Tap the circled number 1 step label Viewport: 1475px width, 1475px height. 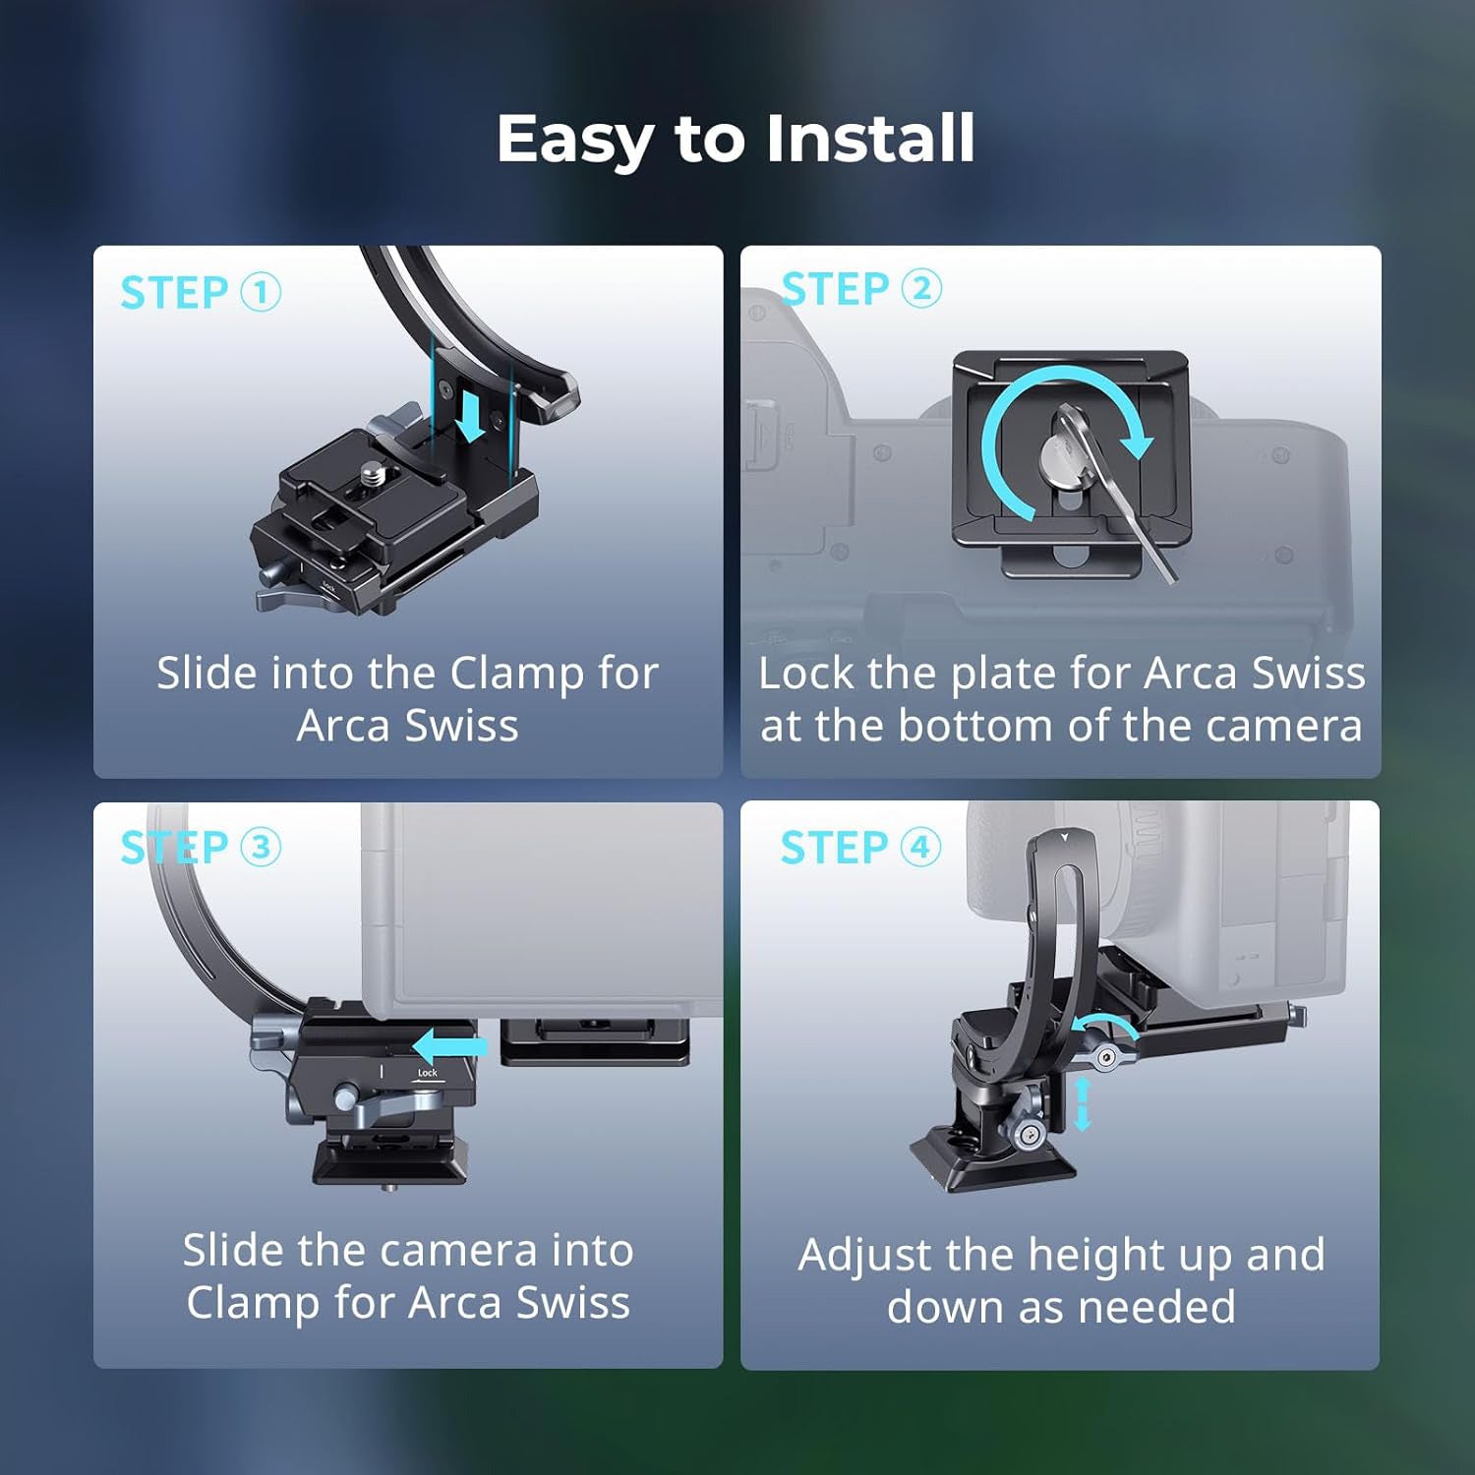coord(261,292)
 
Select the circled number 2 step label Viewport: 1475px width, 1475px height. coord(921,288)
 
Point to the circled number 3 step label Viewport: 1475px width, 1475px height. coord(261,847)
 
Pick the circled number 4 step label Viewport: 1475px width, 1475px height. coord(920,847)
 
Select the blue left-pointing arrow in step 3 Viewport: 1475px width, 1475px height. coord(450,1046)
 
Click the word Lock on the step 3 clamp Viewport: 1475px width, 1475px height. coord(428,1073)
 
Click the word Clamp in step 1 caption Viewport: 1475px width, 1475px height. coord(517,674)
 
